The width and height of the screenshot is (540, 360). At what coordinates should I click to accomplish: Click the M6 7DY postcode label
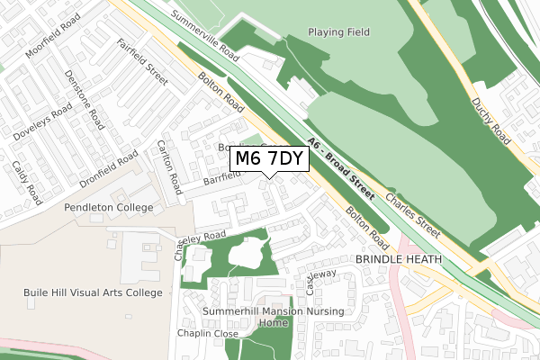pyautogui.click(x=270, y=159)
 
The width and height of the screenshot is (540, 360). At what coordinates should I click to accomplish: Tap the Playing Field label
pyautogui.click(x=338, y=32)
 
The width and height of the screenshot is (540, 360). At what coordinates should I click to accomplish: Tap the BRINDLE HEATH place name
pyautogui.click(x=399, y=259)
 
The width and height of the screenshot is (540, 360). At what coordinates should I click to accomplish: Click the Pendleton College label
pyautogui.click(x=108, y=207)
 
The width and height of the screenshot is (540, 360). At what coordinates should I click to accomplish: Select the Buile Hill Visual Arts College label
pyautogui.click(x=94, y=292)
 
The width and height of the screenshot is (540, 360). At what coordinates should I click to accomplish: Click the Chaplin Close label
pyautogui.click(x=208, y=334)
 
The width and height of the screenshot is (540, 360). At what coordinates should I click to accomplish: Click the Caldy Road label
pyautogui.click(x=27, y=181)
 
